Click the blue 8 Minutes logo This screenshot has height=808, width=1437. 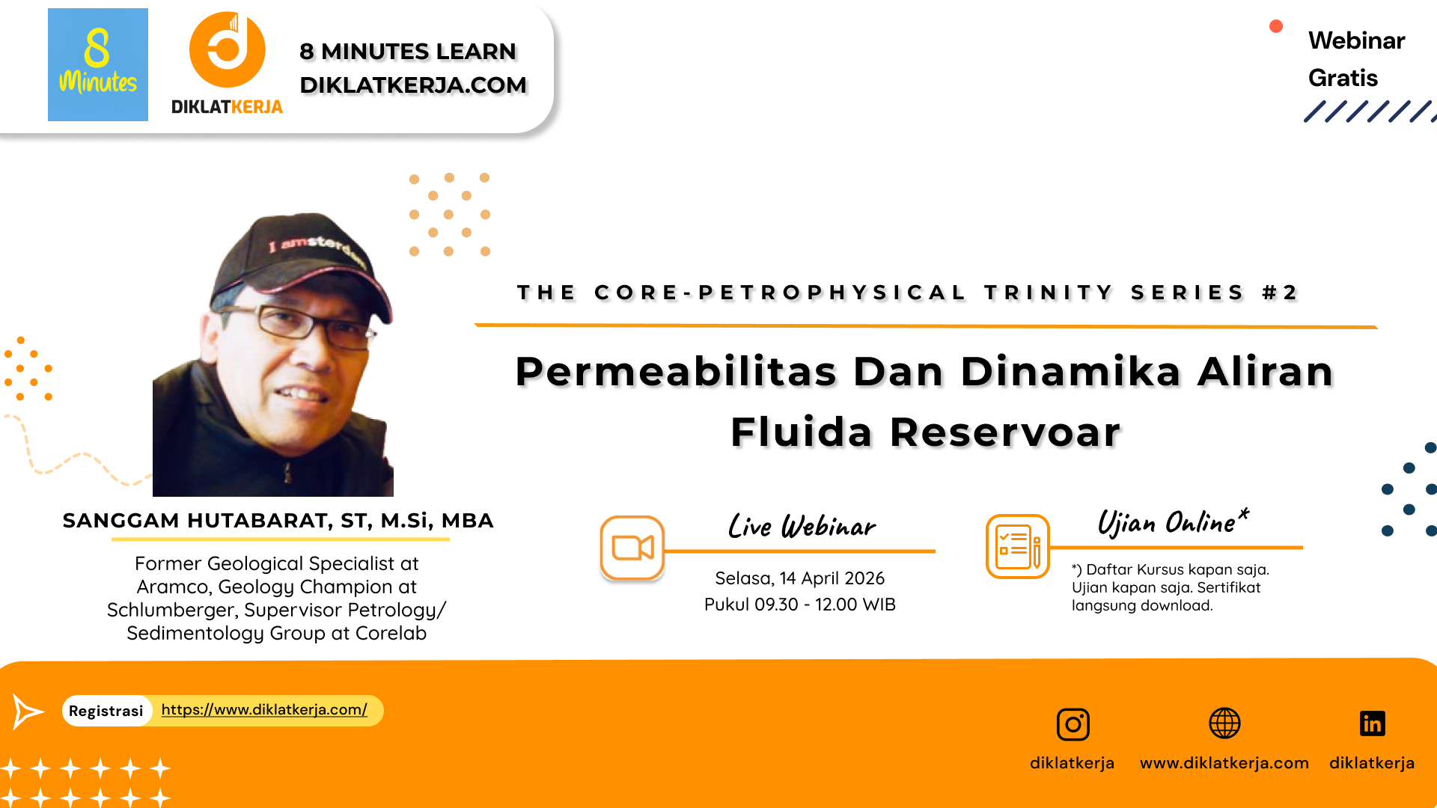coord(98,64)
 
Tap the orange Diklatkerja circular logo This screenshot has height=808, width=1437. coord(228,49)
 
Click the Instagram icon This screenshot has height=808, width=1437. coord(1073,724)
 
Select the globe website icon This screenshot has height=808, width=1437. coord(1224,723)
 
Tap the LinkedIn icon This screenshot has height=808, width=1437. coord(1372,723)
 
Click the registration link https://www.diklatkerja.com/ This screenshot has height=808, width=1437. coord(264,709)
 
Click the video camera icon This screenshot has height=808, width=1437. coord(632,548)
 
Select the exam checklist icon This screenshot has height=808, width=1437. coord(1018,546)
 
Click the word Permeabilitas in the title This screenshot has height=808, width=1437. coord(676,371)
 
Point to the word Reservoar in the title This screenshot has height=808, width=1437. coord(1005,432)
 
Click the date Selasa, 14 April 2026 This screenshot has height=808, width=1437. coord(799,578)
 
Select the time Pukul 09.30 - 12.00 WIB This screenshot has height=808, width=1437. coord(799,605)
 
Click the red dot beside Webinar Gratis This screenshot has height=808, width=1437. coord(1276,26)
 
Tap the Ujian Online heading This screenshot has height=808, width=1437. coord(1173,521)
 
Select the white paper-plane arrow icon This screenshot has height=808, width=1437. coord(28,711)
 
